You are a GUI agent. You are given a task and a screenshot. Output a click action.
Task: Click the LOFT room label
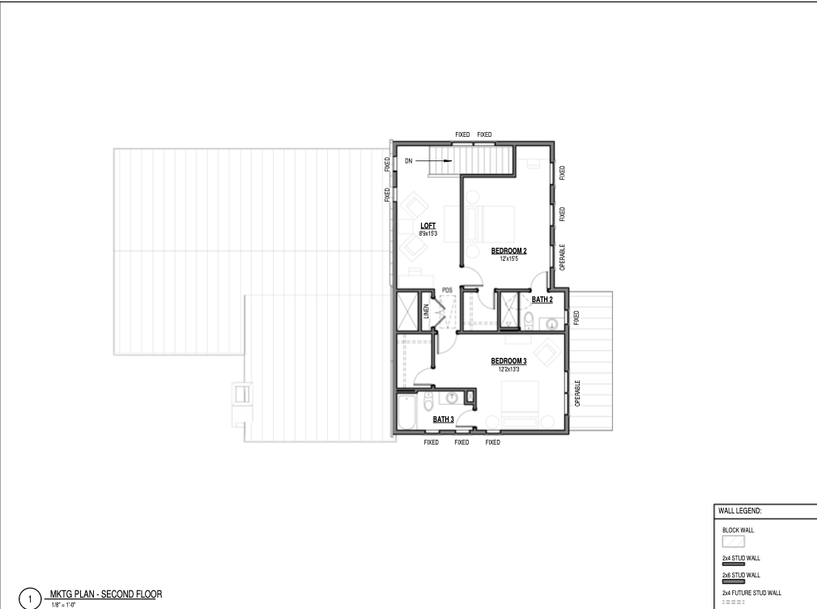point(428,226)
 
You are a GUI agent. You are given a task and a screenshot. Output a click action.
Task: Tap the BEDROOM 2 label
point(508,251)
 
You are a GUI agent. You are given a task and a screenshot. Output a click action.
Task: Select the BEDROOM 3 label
point(508,361)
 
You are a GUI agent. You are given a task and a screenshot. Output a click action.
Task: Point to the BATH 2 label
point(542,300)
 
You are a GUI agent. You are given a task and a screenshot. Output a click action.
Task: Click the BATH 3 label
point(443,419)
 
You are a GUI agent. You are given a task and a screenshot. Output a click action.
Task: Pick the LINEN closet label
point(426,311)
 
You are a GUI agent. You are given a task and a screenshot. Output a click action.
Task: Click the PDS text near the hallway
point(447,290)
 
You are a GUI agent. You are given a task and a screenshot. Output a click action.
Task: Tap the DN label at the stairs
point(408,161)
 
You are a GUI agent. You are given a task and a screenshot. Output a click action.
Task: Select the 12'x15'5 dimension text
point(509,259)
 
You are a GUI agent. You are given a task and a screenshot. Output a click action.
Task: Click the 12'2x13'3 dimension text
point(508,369)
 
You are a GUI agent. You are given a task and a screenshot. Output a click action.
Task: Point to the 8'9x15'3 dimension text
point(428,234)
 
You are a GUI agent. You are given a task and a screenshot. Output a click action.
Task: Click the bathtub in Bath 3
point(406,411)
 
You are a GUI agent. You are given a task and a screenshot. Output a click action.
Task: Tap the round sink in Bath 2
point(551,325)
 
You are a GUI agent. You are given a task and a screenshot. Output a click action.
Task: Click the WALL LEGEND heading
point(739,511)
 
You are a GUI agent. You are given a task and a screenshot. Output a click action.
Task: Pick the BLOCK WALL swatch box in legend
point(733,541)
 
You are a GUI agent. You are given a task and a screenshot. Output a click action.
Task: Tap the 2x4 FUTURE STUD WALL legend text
point(751,593)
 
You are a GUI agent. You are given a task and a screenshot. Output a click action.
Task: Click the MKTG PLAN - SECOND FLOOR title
point(106,594)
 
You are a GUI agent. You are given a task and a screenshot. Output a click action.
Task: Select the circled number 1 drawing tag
point(30,599)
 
